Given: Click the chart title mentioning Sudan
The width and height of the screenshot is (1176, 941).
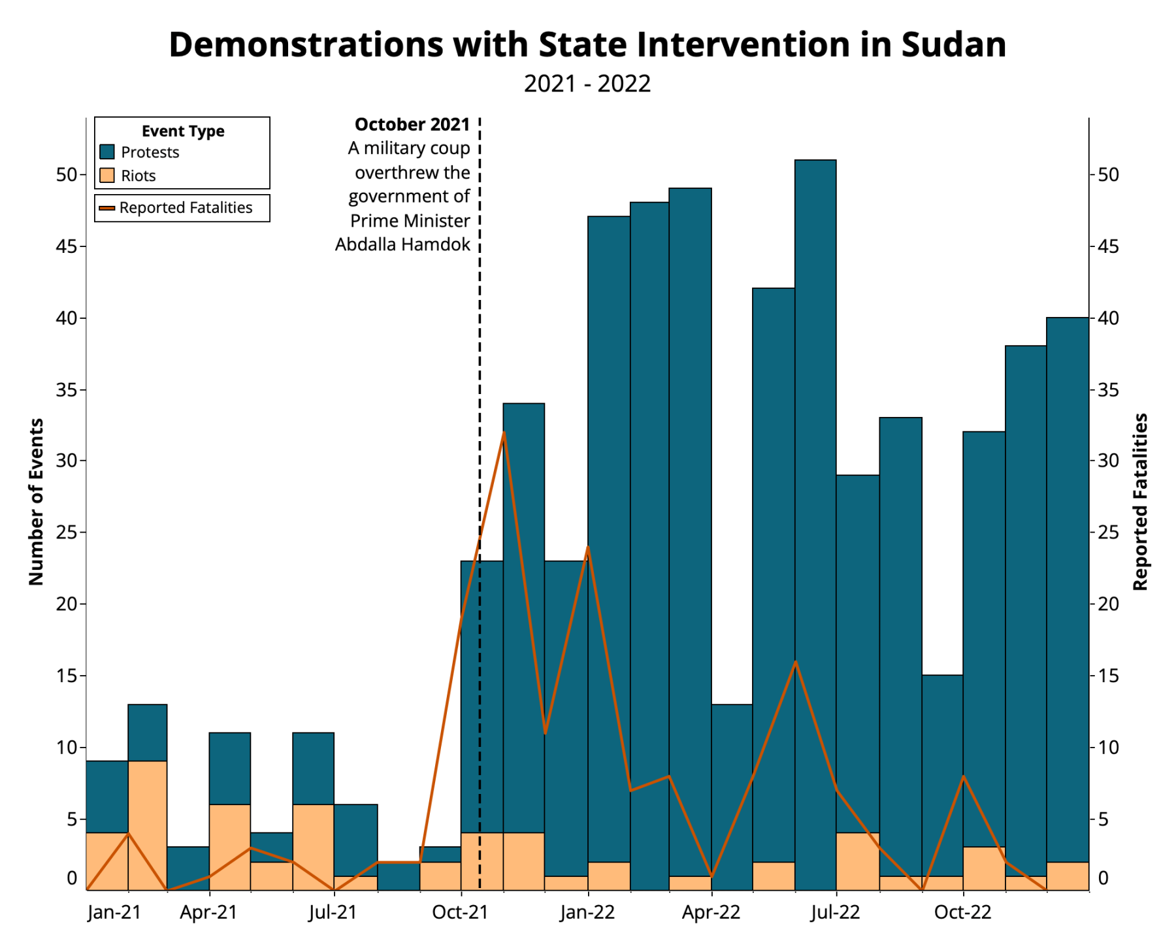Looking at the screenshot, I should pyautogui.click(x=587, y=44).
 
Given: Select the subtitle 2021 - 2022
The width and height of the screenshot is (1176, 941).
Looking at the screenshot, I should pyautogui.click(x=587, y=84).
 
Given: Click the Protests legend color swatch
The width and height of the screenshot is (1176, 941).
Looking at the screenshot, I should pyautogui.click(x=107, y=152).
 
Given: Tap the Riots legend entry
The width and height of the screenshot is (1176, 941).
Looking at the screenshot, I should pyautogui.click(x=138, y=176).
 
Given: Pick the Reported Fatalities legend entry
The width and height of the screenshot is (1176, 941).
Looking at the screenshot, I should pyautogui.click(x=186, y=208).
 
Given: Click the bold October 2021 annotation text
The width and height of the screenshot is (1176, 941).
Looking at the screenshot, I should pyautogui.click(x=412, y=124).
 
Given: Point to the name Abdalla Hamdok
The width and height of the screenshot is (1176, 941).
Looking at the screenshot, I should pyautogui.click(x=402, y=244).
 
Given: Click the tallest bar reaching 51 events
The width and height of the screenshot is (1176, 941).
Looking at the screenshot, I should pyautogui.click(x=815, y=457).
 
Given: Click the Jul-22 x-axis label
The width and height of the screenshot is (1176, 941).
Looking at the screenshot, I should pyautogui.click(x=836, y=912).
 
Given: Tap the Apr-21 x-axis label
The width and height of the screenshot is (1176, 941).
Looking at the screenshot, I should pyautogui.click(x=208, y=912).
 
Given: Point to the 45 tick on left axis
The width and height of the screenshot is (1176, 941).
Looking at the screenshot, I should pyautogui.click(x=67, y=247).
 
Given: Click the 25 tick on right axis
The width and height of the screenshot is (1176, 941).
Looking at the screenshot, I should pyautogui.click(x=1108, y=533).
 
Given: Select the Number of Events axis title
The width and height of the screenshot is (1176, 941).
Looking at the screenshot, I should pyautogui.click(x=37, y=502).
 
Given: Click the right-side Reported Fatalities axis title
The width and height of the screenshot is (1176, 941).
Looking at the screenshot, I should pyautogui.click(x=1140, y=502).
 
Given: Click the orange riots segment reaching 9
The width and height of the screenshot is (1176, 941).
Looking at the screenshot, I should pyautogui.click(x=147, y=825).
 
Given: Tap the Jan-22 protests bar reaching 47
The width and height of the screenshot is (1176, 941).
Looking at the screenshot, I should pyautogui.click(x=608, y=523).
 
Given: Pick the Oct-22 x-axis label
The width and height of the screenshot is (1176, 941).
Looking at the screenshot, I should pyautogui.click(x=962, y=912).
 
